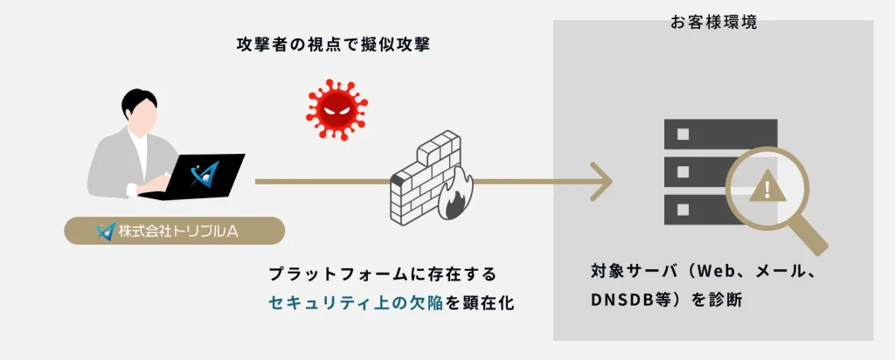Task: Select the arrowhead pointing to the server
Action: click(x=600, y=182)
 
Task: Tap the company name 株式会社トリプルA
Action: click(x=184, y=232)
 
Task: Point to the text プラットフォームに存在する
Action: click(x=383, y=274)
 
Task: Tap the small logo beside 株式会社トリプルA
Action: click(x=106, y=232)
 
